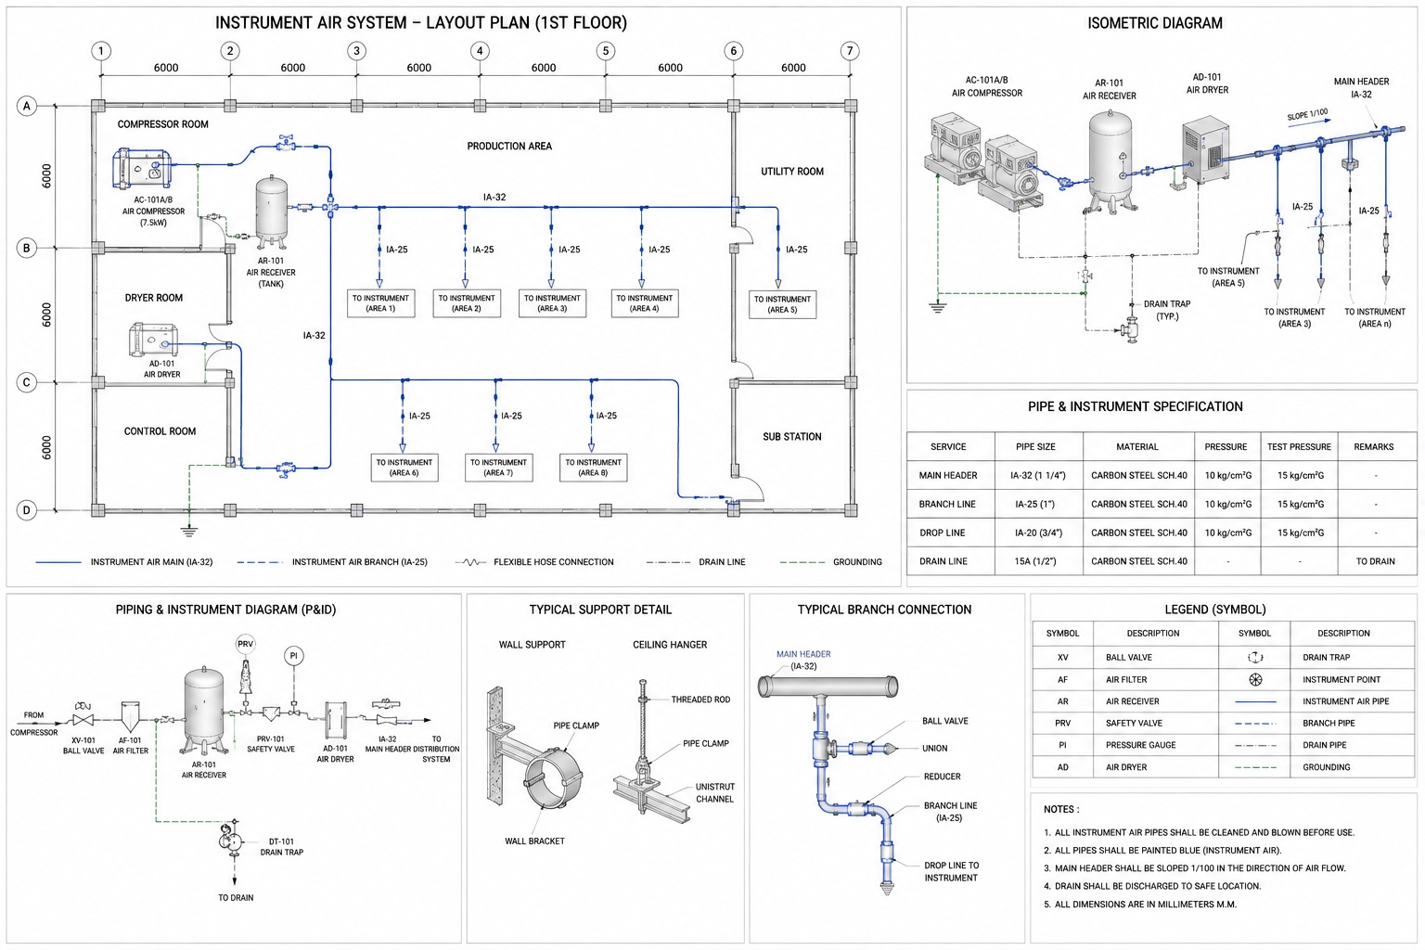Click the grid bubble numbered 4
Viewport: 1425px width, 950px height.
[x=480, y=51]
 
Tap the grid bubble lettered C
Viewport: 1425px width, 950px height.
[x=27, y=382]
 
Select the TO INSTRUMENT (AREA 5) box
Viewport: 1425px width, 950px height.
[x=782, y=304]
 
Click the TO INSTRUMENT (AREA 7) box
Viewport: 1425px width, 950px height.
[x=499, y=467]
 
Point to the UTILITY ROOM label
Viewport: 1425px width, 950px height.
[x=792, y=171]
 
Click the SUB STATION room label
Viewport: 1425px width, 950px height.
[x=792, y=437]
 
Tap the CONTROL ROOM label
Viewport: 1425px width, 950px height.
[x=160, y=430]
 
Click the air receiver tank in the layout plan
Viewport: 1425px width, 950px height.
[x=272, y=212]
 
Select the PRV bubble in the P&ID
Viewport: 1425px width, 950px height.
[x=246, y=644]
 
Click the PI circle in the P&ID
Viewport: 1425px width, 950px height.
[x=294, y=655]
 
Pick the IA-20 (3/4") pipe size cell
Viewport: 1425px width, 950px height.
[x=1038, y=533]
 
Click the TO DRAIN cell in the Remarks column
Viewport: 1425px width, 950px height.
[x=1375, y=561]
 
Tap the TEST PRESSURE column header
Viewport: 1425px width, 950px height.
[x=1299, y=446]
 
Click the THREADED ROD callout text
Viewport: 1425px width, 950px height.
[x=700, y=700]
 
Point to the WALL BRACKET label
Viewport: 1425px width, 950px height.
[x=534, y=841]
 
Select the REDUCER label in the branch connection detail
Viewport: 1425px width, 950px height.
[x=943, y=777]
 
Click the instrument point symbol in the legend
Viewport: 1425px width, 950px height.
[x=1255, y=680]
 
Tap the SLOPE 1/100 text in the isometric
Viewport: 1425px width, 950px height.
[x=1307, y=115]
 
